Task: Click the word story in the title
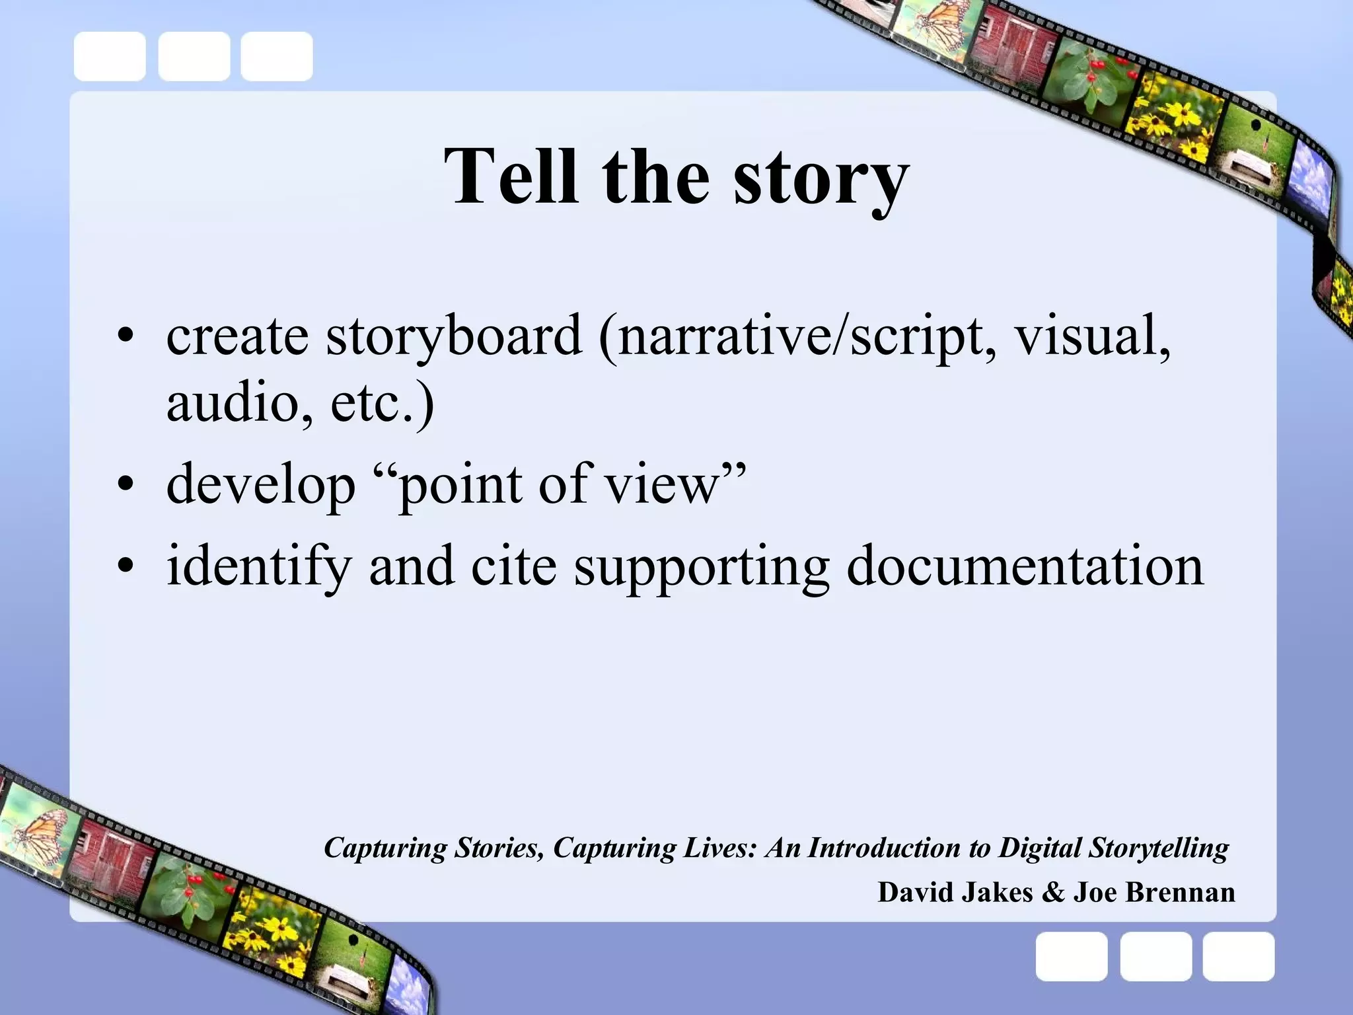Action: coord(821,178)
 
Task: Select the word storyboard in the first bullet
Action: coord(454,336)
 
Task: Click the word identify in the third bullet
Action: coord(258,567)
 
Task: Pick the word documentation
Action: coord(1025,566)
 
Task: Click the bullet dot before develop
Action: coord(125,487)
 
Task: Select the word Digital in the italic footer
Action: coord(1039,848)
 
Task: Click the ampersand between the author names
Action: coord(1052,892)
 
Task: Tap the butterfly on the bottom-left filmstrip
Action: coord(40,836)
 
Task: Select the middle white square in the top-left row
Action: coord(194,56)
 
